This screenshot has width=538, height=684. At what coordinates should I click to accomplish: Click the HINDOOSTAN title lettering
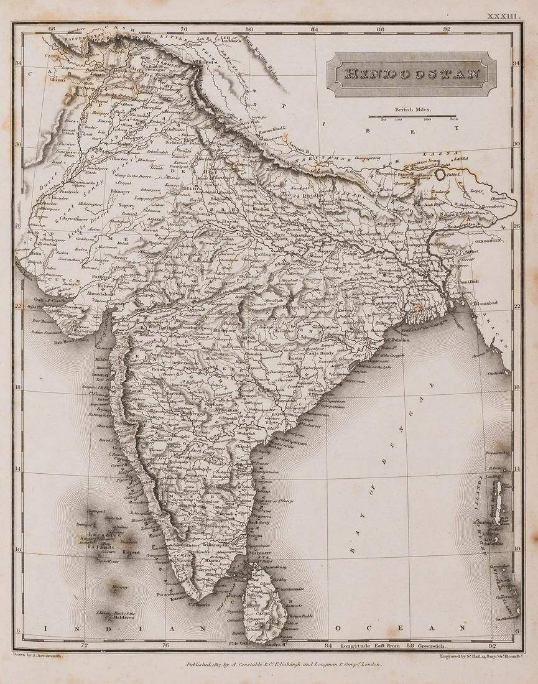click(x=412, y=74)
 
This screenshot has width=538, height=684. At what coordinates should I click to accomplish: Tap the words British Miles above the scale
click(x=412, y=109)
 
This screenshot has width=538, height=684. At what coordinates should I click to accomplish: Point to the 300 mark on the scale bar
click(x=455, y=119)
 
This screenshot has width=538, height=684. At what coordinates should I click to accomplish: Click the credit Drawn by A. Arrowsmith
click(x=40, y=655)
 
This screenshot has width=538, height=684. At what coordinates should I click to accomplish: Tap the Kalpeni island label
click(x=130, y=552)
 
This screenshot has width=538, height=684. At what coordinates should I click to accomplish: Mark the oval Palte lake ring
click(x=441, y=175)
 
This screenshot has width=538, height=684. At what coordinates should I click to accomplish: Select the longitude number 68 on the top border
click(x=52, y=29)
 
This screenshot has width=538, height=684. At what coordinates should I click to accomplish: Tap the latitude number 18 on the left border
click(x=18, y=387)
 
